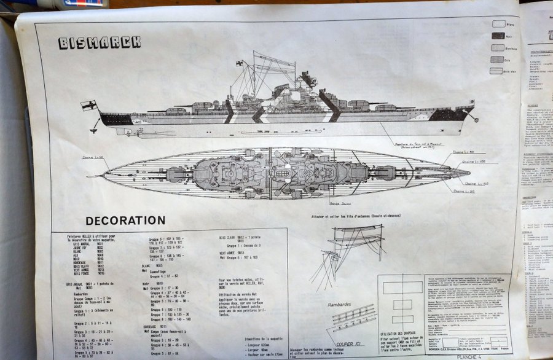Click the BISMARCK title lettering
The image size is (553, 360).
coord(100,42)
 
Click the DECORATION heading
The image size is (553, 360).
coord(125,220)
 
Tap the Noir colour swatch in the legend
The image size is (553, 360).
coord(498,36)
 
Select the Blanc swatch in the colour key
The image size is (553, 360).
coord(498,24)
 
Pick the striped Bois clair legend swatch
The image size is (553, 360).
coord(497,71)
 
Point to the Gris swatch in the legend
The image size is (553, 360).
coord(497,60)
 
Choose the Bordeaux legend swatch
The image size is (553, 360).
coord(497,48)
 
